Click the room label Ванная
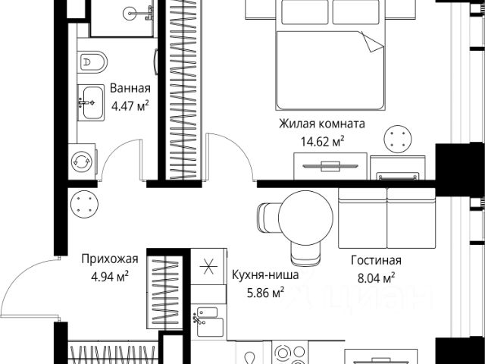[130, 89]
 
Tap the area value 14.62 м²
[323, 142]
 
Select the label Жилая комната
[322, 124]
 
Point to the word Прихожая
[110, 259]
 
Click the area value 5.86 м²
[266, 292]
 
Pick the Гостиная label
[376, 260]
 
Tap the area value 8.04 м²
[376, 278]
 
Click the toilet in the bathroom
[92, 62]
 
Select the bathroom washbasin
[91, 102]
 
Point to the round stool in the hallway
[84, 204]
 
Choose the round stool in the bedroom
[398, 139]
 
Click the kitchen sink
[210, 322]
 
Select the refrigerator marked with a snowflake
[208, 267]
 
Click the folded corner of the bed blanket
[372, 42]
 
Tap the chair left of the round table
[268, 218]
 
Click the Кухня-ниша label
[265, 275]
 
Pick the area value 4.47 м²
[130, 106]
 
